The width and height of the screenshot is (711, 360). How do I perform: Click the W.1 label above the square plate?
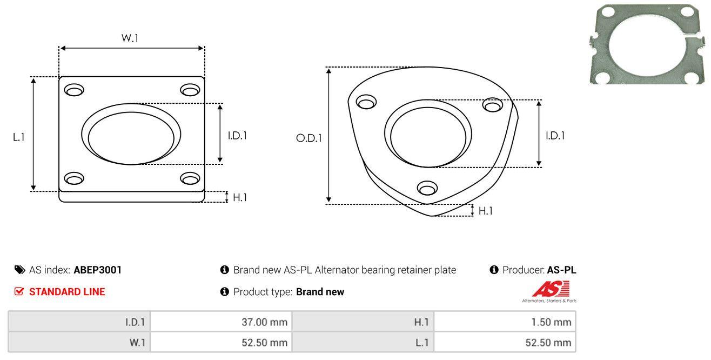pyautogui.click(x=130, y=38)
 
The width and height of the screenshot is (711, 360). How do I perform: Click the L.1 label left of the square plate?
pyautogui.click(x=19, y=137)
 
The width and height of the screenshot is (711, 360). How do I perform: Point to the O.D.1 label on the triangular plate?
pyautogui.click(x=309, y=138)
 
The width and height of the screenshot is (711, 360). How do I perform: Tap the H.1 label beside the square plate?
pyautogui.click(x=240, y=197)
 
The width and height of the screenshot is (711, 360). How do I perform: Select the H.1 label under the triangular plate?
pyautogui.click(x=485, y=211)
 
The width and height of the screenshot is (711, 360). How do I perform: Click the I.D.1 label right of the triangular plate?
pyautogui.click(x=555, y=136)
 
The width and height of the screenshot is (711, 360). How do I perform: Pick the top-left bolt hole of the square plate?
pyautogui.click(x=74, y=90)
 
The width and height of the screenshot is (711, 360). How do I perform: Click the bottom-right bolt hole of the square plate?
pyautogui.click(x=190, y=178)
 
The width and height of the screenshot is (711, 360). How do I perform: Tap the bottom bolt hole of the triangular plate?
pyautogui.click(x=427, y=188)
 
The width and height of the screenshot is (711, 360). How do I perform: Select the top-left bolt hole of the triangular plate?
pyautogui.click(x=366, y=102)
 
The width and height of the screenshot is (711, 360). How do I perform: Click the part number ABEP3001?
pyautogui.click(x=97, y=270)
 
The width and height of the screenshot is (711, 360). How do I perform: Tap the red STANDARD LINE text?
pyautogui.click(x=67, y=292)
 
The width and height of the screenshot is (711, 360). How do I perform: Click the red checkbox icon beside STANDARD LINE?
pyautogui.click(x=19, y=291)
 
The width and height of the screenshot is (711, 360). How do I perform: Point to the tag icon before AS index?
pyautogui.click(x=19, y=270)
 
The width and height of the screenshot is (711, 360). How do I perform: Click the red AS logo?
pyautogui.click(x=551, y=289)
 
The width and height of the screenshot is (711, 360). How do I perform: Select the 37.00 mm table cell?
pyautogui.click(x=221, y=322)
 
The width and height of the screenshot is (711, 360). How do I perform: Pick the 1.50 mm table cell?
pyautogui.click(x=505, y=322)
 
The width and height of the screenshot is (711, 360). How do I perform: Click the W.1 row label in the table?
pyautogui.click(x=137, y=343)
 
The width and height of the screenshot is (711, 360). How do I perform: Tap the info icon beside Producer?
pyautogui.click(x=494, y=270)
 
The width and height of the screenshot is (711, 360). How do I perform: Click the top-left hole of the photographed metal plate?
pyautogui.click(x=608, y=12)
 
